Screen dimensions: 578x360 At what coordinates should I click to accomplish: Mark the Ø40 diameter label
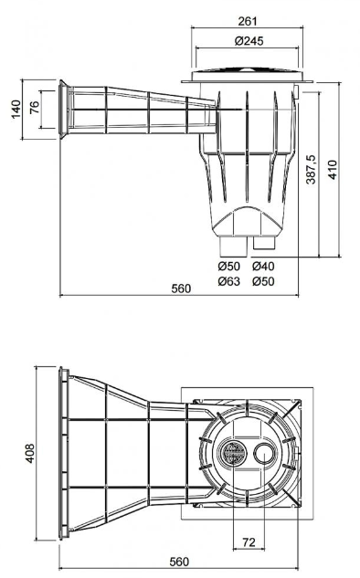click(x=262, y=266)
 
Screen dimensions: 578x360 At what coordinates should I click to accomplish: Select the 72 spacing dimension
click(x=249, y=543)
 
